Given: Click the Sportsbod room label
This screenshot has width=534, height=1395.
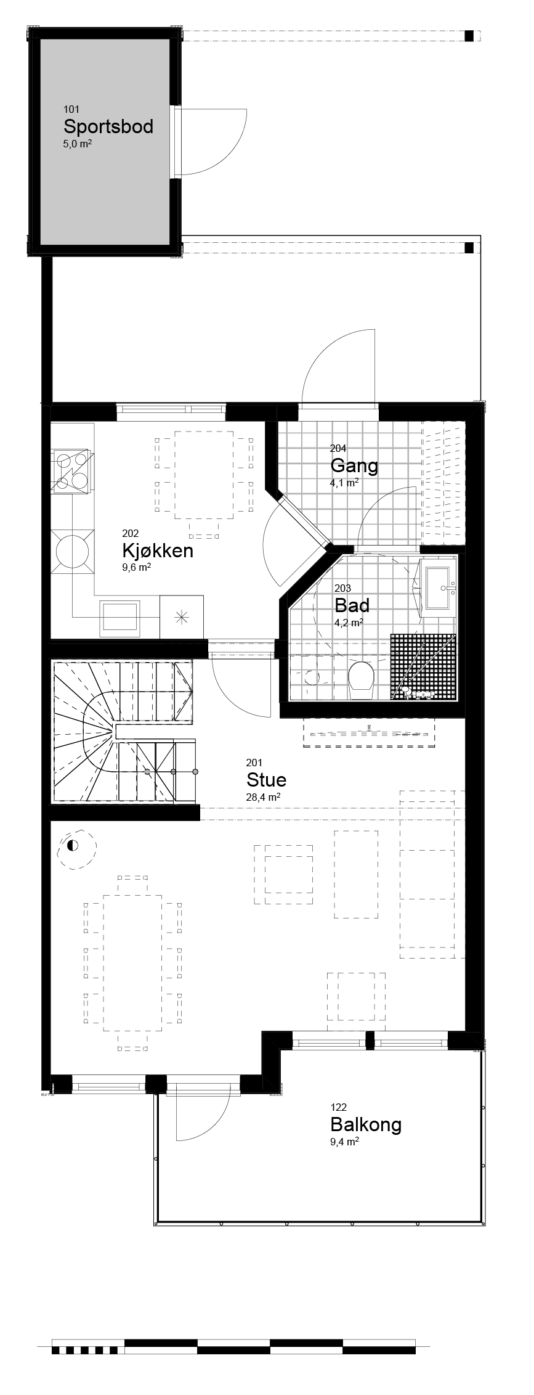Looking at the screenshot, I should click(108, 127).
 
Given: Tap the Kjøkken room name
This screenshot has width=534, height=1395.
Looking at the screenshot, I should click(158, 550).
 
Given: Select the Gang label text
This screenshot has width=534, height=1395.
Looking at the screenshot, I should click(354, 465).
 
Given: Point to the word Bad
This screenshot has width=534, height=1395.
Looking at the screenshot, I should click(352, 605).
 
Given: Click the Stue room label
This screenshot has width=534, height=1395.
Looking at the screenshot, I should click(266, 780).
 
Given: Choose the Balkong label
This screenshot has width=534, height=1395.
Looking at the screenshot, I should click(366, 1124).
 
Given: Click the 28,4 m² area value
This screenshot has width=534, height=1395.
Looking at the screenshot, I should click(263, 797).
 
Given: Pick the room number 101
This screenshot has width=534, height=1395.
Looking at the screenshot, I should click(71, 110).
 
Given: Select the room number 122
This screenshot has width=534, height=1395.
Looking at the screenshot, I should click(339, 1107).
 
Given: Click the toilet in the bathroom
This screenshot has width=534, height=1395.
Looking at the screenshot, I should click(361, 679).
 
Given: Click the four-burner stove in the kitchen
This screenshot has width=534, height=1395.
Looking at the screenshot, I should click(71, 470).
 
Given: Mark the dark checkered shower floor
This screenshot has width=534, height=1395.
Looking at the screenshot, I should click(424, 667).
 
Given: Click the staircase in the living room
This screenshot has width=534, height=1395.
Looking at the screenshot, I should click(123, 732).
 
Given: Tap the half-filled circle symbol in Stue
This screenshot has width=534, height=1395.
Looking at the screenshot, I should click(72, 845).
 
